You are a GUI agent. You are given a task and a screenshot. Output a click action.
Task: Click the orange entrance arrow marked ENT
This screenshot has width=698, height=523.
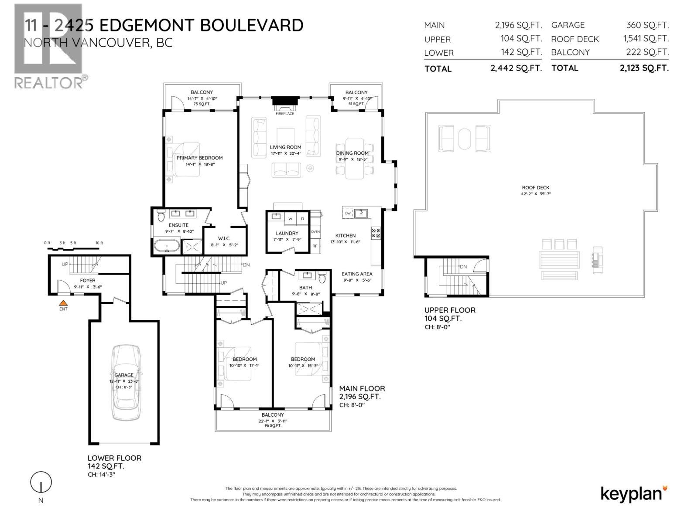(63, 302)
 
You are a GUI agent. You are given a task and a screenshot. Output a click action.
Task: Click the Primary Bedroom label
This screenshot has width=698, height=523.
(199, 158)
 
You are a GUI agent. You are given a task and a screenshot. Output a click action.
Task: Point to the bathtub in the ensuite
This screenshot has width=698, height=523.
(166, 246)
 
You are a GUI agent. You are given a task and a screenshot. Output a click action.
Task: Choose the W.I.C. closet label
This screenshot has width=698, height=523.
(224, 238)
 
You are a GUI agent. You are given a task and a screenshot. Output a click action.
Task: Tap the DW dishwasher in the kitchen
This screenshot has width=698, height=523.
(348, 213)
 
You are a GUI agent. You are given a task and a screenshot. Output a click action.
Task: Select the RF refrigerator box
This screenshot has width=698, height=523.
(315, 246)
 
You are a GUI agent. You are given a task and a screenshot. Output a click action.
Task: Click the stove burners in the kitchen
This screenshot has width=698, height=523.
(376, 233)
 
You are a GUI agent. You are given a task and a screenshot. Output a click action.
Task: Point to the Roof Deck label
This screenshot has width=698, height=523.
(536, 187)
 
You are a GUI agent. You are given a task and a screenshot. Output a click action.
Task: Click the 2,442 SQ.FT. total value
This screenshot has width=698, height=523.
(516, 68)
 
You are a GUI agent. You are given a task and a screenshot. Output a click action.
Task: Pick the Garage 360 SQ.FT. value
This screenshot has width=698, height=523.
(647, 25)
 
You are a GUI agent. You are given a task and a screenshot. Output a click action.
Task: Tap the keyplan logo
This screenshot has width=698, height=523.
(634, 493)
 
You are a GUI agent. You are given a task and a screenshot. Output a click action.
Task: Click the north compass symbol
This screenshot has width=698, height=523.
(41, 483)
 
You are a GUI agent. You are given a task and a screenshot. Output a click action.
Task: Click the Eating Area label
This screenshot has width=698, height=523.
(357, 274)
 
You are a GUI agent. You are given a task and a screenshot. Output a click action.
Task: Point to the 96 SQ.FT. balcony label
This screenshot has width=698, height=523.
(273, 425)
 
